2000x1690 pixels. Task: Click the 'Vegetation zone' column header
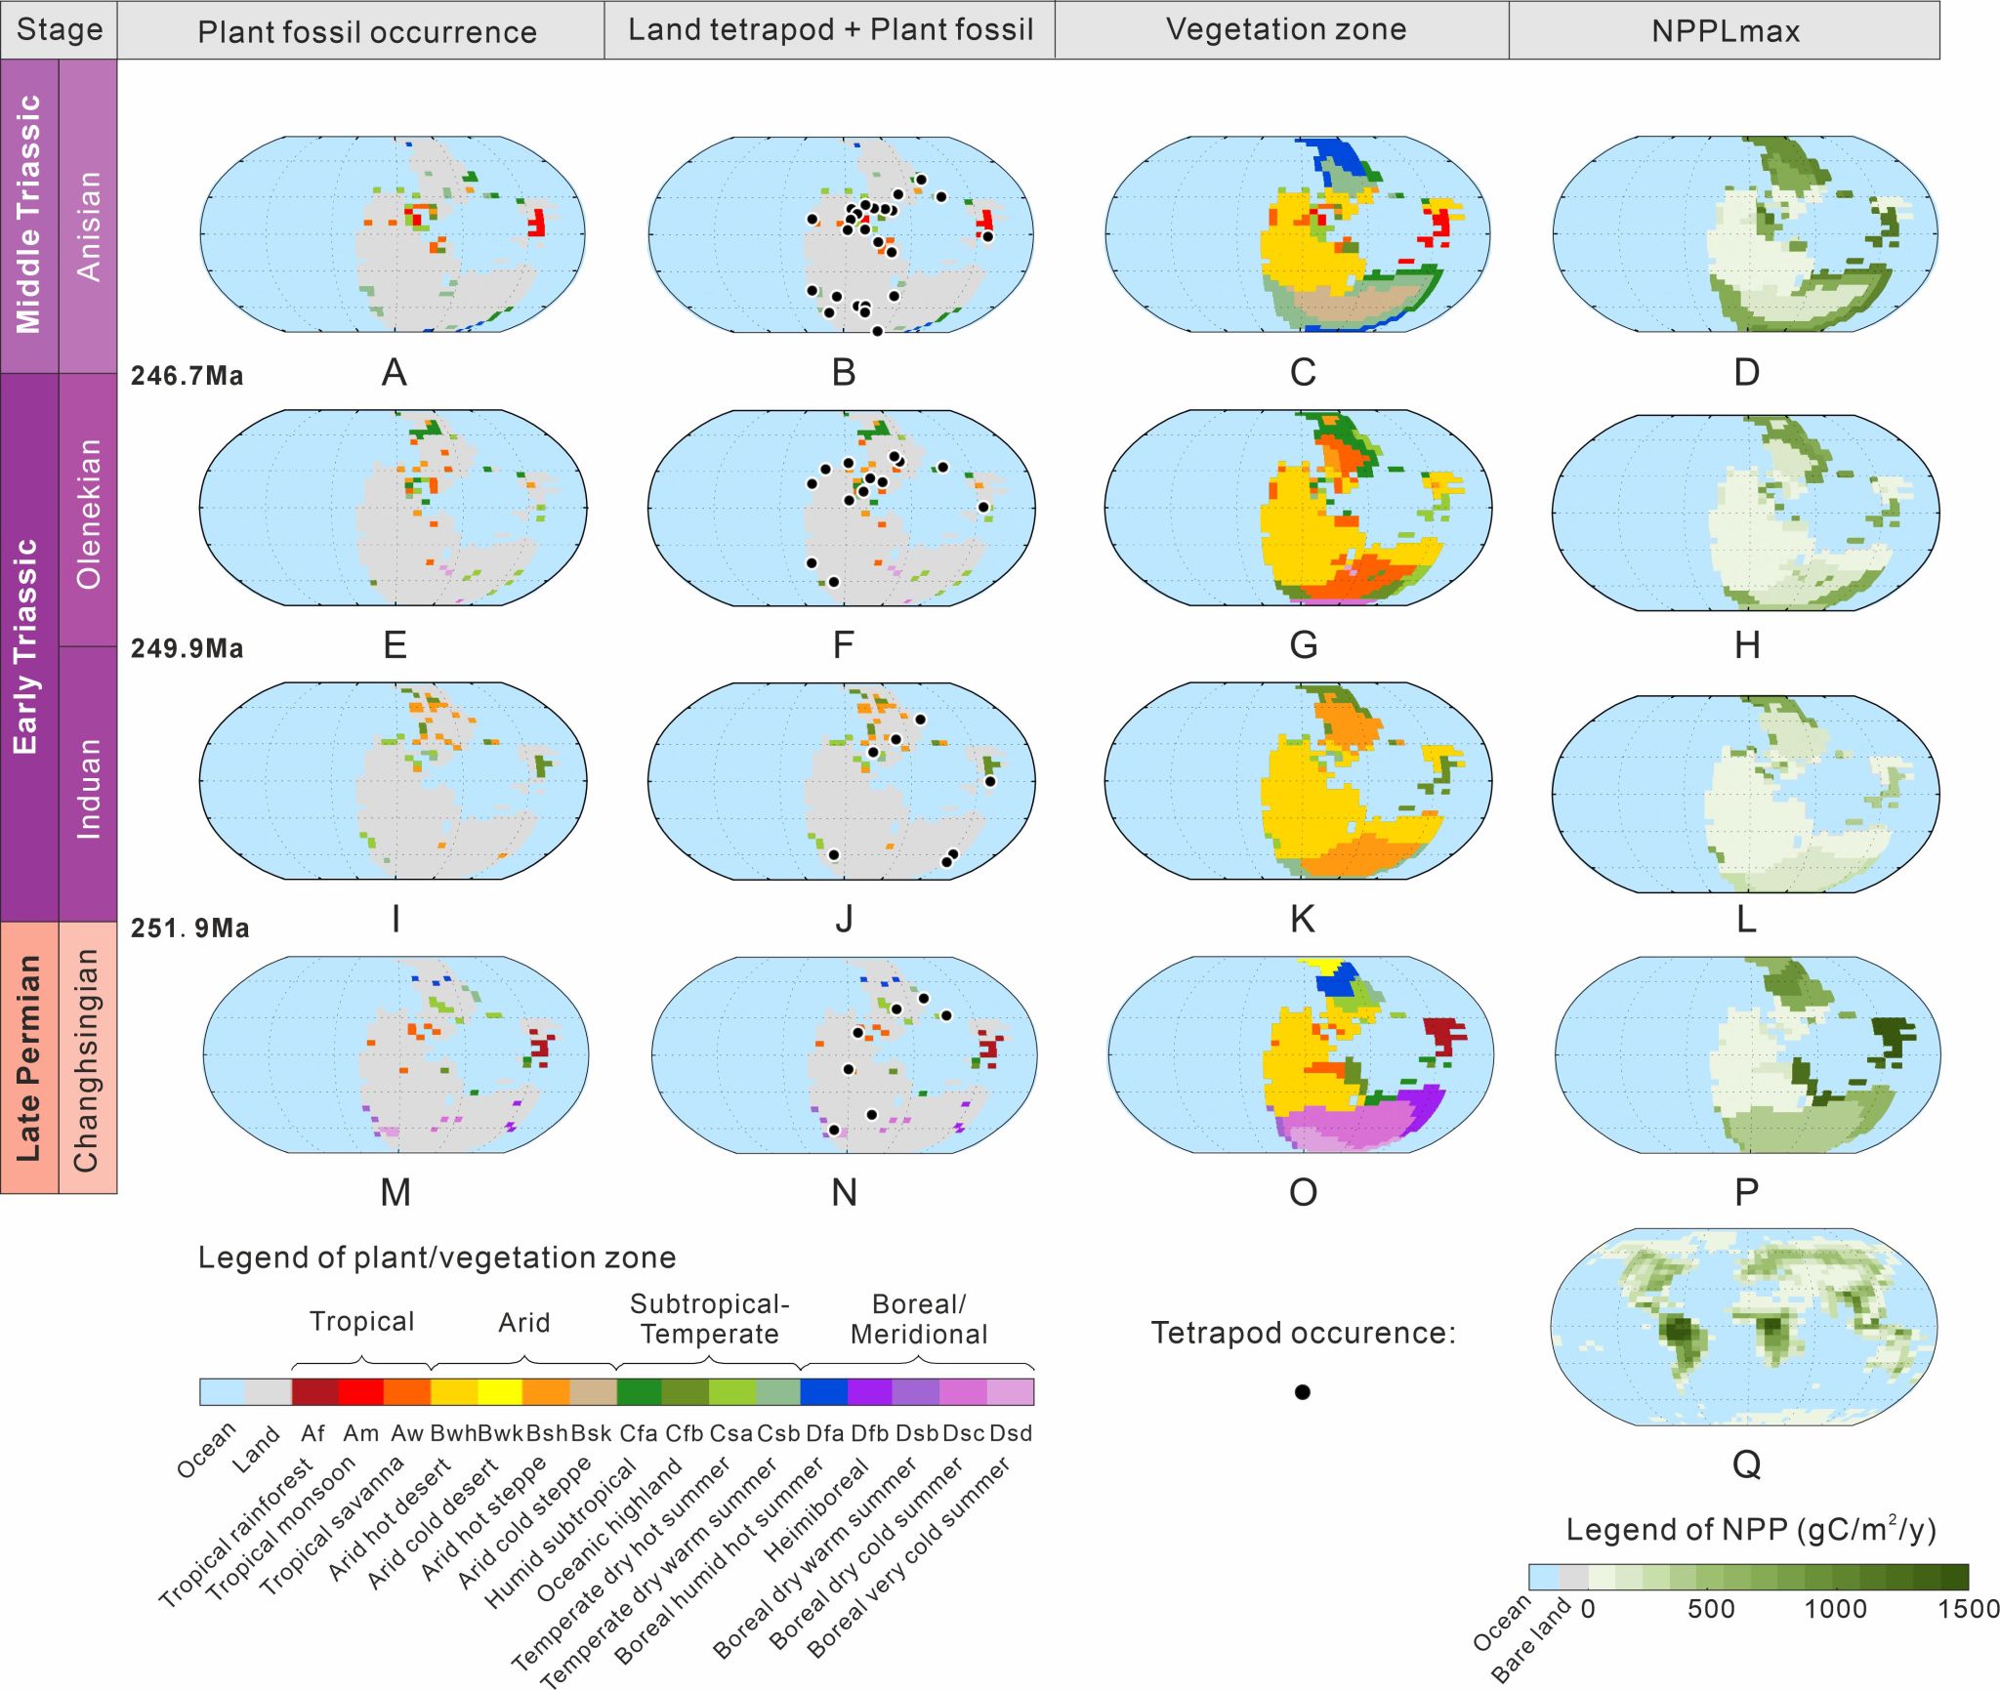[1286, 30]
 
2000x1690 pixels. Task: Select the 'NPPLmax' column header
[1726, 31]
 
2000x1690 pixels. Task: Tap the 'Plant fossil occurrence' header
[367, 32]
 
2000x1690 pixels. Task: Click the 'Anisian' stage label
[88, 227]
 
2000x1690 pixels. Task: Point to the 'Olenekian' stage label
[88, 514]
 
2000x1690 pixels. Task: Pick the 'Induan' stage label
[88, 788]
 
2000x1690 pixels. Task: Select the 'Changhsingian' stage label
[86, 1059]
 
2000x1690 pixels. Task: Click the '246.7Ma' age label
[187, 376]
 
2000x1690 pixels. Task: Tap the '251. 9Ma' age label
[190, 927]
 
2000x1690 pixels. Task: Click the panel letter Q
[1746, 1463]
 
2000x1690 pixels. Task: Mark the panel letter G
[1304, 645]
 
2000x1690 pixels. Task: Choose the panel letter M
[396, 1192]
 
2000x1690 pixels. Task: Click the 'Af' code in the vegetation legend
[312, 1433]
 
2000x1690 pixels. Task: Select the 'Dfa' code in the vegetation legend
[824, 1433]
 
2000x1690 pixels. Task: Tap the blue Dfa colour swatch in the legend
[823, 1392]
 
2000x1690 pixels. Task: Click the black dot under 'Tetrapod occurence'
[1302, 1392]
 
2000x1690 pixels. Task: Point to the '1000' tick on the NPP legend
[1835, 1609]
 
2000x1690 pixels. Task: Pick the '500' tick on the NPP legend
[1711, 1609]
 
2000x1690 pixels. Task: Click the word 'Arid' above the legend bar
[524, 1323]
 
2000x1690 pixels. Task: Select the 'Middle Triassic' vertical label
[28, 214]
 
